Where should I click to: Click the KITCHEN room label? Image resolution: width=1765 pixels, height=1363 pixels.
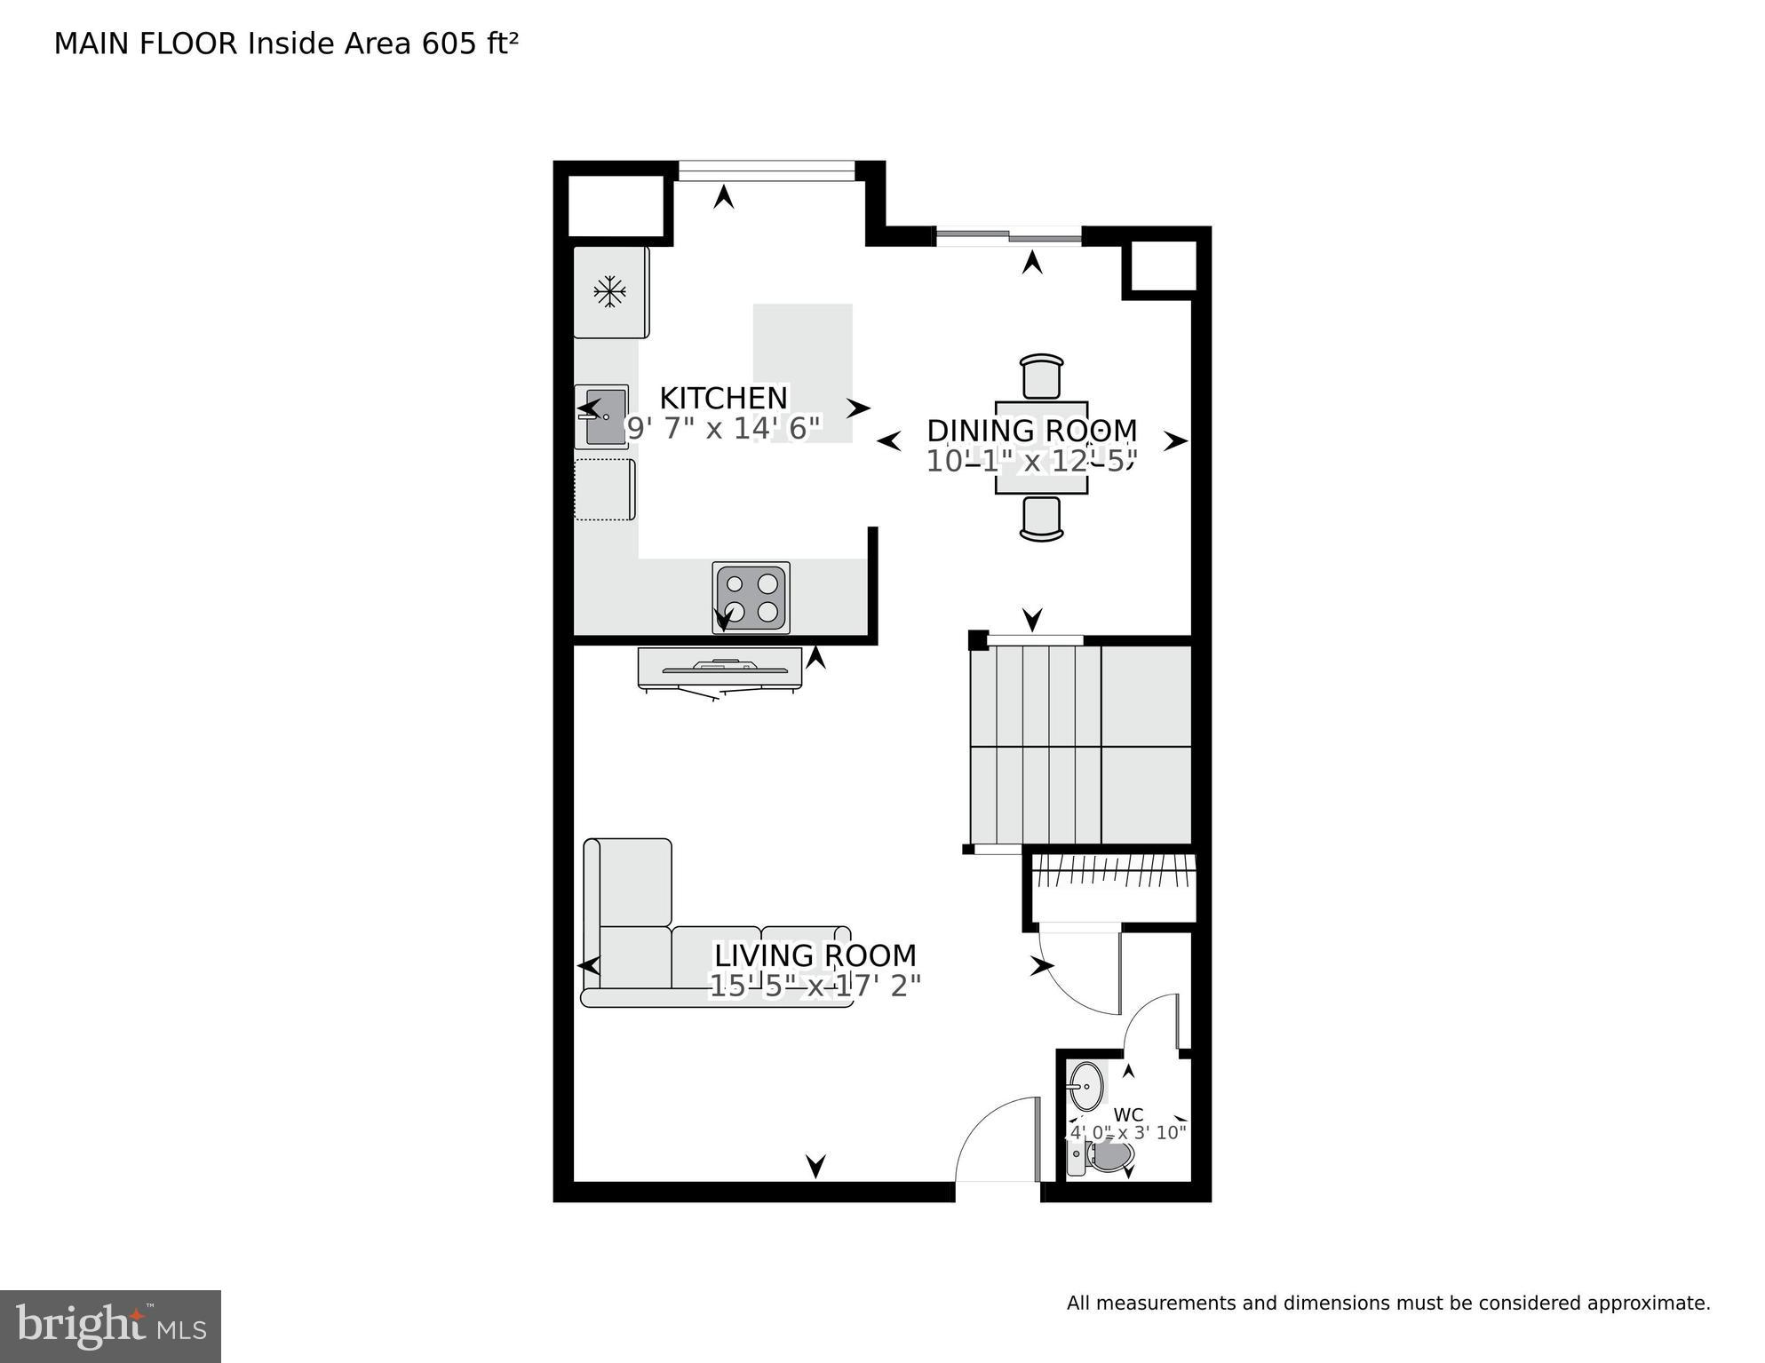723,398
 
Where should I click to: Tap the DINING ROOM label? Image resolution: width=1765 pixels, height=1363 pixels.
1031,431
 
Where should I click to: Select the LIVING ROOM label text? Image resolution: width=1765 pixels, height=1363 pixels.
815,955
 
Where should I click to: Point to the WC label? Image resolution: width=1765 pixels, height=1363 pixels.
1128,1114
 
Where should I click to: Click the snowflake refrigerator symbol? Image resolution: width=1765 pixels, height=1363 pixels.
609,291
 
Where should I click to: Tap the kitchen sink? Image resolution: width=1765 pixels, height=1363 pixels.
602,416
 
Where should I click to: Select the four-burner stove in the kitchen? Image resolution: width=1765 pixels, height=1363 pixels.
751,598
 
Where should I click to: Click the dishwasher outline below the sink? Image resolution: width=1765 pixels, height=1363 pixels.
604,489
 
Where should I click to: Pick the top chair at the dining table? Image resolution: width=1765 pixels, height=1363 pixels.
1042,376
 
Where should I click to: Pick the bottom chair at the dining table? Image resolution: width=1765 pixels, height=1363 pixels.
1042,519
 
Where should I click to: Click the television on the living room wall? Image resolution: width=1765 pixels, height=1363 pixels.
720,668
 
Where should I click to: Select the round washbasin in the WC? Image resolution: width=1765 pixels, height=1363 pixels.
1085,1084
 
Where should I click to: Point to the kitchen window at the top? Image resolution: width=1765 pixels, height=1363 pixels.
766,170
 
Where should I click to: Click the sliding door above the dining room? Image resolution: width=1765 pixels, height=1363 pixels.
1008,236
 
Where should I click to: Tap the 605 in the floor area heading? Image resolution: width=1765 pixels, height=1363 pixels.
449,44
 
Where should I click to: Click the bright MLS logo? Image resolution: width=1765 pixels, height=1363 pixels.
110,1327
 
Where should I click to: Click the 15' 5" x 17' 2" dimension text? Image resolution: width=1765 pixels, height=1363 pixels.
815,986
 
